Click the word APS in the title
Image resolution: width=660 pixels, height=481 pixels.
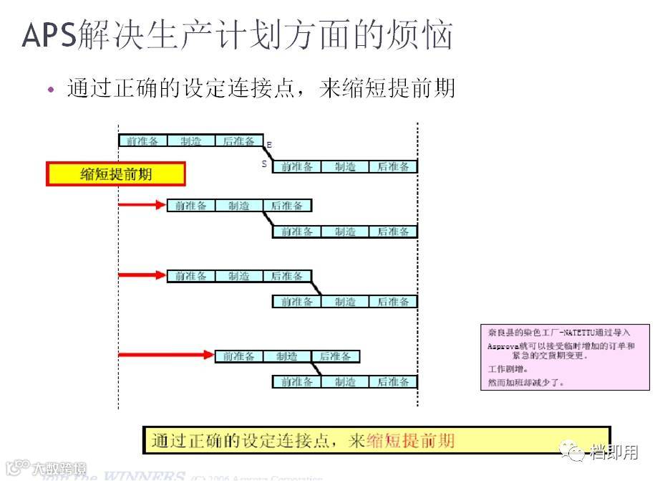point(49,34)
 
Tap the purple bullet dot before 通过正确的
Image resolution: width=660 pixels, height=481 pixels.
point(50,90)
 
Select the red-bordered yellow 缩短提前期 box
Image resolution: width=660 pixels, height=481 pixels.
point(116,174)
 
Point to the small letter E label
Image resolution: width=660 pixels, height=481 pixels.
point(268,146)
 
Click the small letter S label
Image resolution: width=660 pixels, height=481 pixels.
point(264,164)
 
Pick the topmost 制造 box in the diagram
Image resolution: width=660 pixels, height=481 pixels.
point(191,141)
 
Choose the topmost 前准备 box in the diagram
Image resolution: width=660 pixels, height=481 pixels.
point(143,141)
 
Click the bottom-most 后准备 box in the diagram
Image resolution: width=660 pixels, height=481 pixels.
point(393,382)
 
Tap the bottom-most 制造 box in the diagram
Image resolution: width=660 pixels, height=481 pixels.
point(345,382)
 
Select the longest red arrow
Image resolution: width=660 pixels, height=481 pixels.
point(166,355)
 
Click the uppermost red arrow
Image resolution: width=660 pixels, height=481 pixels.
point(142,205)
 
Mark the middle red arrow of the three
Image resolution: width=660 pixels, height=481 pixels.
point(142,275)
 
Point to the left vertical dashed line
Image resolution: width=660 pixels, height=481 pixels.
point(118,287)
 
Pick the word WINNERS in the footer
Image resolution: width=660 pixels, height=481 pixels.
point(144,476)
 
